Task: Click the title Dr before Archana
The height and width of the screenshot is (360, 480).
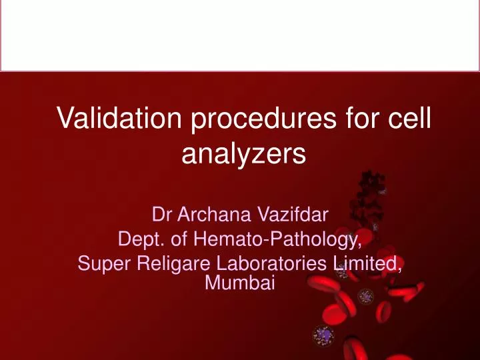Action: point(161,215)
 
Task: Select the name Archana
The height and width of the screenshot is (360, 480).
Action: point(213,215)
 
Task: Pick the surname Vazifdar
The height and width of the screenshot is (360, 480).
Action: point(292,215)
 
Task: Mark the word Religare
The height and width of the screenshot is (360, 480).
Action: point(169,263)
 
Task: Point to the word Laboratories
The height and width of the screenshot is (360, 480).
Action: point(267,263)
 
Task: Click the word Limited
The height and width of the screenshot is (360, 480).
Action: point(367,263)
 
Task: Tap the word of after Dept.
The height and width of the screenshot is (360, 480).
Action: point(170,238)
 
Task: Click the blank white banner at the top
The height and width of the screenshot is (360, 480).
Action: point(240,35)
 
